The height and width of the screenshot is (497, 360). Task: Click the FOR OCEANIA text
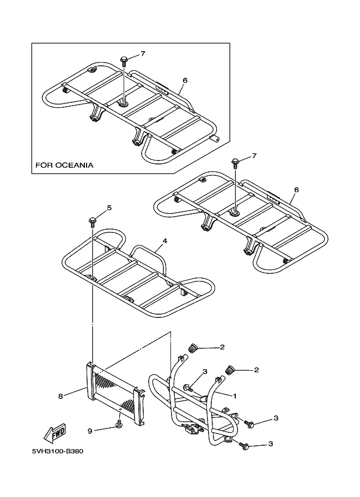tap(64, 164)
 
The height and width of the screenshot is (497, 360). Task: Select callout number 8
tap(60, 396)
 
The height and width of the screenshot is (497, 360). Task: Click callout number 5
tap(109, 207)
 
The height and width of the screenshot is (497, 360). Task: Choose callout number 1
tap(235, 396)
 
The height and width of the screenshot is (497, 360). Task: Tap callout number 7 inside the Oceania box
tap(143, 53)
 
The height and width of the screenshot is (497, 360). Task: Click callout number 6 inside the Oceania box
tap(185, 80)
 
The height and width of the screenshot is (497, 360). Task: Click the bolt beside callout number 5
tap(92, 220)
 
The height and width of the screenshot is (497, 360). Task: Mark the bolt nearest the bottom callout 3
tap(245, 446)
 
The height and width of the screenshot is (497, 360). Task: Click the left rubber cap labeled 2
tap(192, 348)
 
